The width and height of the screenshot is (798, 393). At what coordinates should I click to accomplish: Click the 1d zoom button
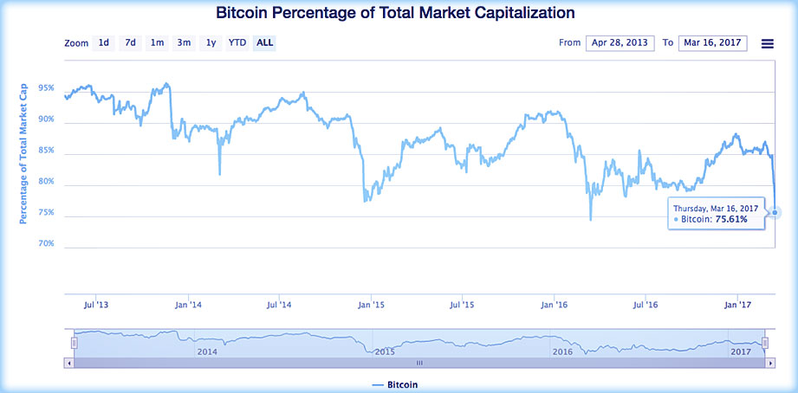tap(104, 42)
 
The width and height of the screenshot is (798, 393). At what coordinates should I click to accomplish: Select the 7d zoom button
tap(130, 42)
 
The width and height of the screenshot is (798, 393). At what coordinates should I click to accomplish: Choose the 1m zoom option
tap(157, 42)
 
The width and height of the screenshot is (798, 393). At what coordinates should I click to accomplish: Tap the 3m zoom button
tap(184, 42)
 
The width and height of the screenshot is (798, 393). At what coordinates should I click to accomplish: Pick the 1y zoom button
tap(211, 42)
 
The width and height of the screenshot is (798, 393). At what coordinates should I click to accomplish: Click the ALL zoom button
tap(264, 42)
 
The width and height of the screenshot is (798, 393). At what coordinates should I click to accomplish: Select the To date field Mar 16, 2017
tap(712, 43)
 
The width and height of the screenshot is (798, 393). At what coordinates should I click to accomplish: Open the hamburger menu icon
tap(767, 43)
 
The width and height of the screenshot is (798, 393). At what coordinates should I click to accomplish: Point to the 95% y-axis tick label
tap(47, 89)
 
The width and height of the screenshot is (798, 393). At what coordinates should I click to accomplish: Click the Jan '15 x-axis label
tap(371, 305)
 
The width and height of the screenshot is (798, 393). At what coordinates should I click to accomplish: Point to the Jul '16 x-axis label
tap(646, 305)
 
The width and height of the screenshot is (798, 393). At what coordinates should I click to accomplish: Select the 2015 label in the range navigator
tap(385, 351)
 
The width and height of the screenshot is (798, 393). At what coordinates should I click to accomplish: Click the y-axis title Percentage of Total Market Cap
tap(23, 152)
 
